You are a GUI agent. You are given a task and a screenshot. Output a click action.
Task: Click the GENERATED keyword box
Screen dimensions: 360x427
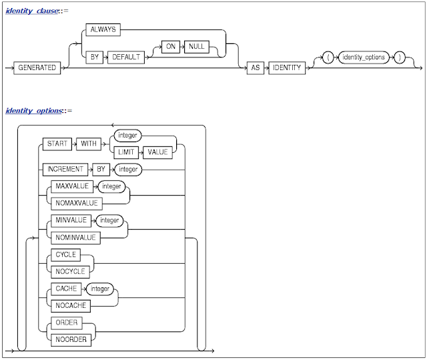click(x=37, y=67)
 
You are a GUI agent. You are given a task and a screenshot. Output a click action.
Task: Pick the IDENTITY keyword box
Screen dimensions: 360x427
click(x=286, y=67)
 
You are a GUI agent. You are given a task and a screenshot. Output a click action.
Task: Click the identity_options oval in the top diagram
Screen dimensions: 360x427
click(x=363, y=57)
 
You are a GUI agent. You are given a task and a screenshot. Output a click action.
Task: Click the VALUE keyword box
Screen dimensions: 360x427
click(x=158, y=152)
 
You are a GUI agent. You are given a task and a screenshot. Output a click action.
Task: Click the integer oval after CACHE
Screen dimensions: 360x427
click(x=99, y=289)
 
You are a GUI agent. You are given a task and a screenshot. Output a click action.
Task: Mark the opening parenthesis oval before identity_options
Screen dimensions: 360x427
click(x=329, y=57)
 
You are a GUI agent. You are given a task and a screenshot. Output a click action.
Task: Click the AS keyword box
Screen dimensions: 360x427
click(x=254, y=67)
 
